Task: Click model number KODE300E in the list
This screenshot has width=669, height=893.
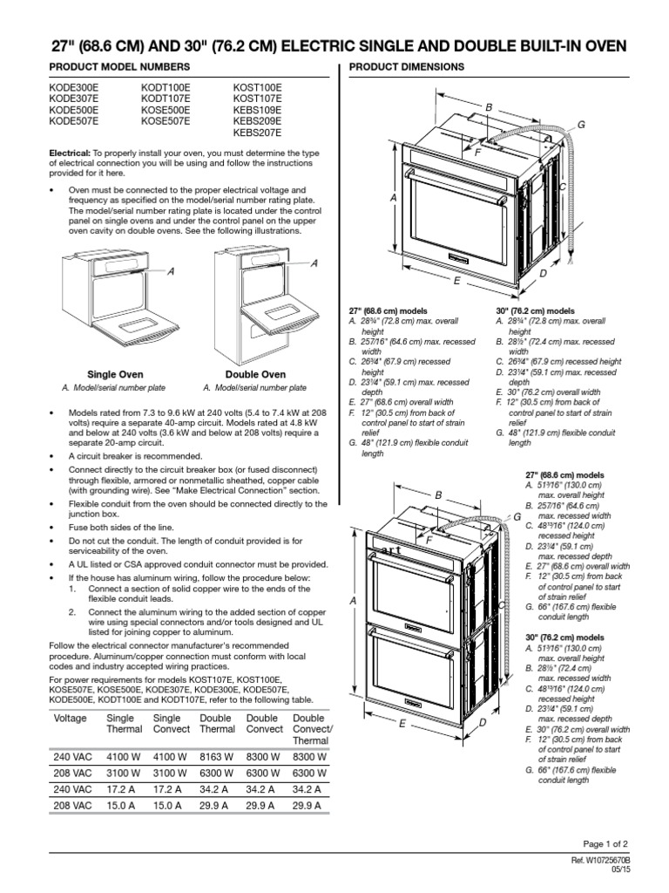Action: point(74,89)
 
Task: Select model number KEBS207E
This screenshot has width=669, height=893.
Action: point(257,134)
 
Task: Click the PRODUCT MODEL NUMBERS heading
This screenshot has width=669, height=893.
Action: point(109,67)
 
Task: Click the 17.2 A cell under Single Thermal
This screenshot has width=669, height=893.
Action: point(124,788)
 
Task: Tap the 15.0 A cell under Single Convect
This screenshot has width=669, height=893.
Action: point(171,804)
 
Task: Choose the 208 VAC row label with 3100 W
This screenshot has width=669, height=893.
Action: point(73,774)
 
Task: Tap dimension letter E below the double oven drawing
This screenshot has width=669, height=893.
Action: point(402,724)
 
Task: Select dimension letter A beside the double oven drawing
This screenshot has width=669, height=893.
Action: point(354,602)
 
